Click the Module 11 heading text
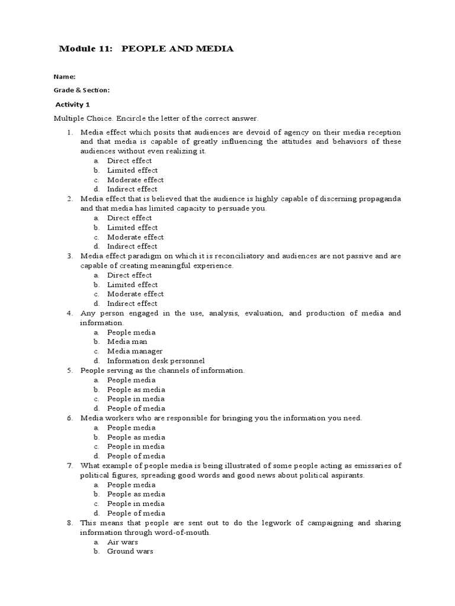(146, 49)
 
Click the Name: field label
(65, 77)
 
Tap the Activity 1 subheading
(72, 105)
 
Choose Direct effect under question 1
(129, 160)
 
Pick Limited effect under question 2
(132, 227)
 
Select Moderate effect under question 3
(135, 294)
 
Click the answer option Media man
(127, 341)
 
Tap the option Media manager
(134, 351)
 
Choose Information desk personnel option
(156, 360)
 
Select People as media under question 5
(136, 389)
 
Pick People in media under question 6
(136, 446)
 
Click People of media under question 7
(136, 513)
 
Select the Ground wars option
(130, 551)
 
